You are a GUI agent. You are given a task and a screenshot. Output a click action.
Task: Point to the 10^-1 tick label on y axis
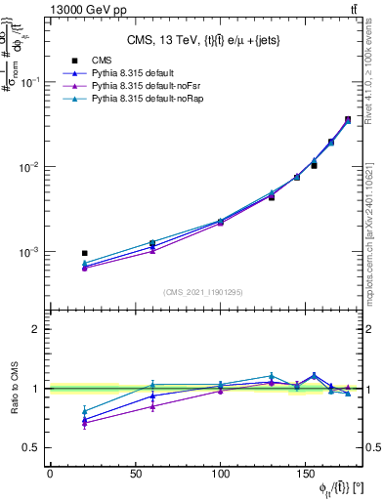click(x=31, y=82)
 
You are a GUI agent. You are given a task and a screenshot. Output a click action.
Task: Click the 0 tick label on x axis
click(x=50, y=474)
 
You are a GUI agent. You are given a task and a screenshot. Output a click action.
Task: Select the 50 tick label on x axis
click(x=135, y=474)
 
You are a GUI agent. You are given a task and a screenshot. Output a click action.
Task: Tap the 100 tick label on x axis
click(x=221, y=474)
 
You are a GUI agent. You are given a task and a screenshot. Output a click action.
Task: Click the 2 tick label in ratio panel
click(x=36, y=329)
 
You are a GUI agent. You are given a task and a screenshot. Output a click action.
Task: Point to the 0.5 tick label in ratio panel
click(x=31, y=447)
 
